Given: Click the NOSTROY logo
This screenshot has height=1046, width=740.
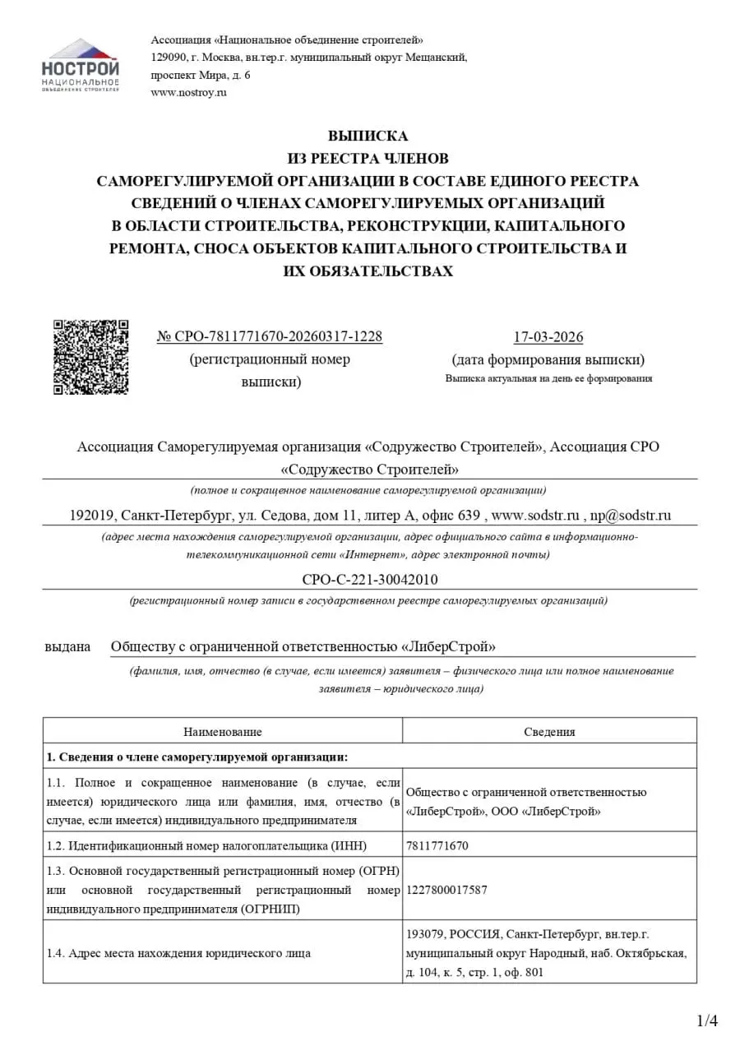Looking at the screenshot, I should pos(80,64).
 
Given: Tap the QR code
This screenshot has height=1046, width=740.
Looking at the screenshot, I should pos(90,357).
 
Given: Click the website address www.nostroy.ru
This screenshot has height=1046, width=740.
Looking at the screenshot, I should pos(188,92).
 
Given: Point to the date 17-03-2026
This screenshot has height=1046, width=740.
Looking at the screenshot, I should pos(548,337).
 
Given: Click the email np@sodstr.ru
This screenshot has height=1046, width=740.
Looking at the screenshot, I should pos(631,516).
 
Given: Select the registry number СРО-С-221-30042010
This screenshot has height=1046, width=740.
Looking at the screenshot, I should pos(370,579).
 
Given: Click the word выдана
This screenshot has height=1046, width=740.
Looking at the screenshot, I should pos(67,646).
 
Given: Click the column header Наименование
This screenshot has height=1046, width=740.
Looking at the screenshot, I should pos(222,731).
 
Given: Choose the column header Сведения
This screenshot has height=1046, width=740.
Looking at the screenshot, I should pos(549,731).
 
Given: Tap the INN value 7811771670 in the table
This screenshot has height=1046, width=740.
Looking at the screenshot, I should pos(437,845).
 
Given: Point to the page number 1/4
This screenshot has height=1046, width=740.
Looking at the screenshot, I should pos(707,1021).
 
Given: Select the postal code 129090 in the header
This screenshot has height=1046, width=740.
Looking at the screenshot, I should pos(168,57).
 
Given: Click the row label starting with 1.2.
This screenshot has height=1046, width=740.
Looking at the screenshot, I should pos(206,845).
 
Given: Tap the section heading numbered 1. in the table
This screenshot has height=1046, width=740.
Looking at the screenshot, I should pos(197,757).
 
